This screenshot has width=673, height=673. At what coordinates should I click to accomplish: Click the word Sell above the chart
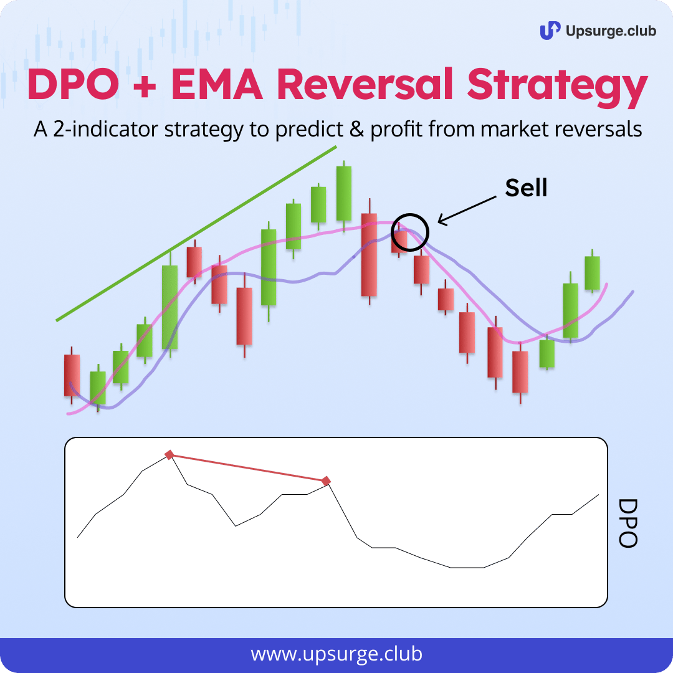(526, 188)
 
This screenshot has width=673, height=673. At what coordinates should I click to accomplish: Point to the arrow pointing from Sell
(467, 211)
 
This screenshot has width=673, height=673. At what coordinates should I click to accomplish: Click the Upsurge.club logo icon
(550, 31)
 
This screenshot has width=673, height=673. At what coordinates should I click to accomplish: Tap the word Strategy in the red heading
(557, 88)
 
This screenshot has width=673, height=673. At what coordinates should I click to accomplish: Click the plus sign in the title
(144, 85)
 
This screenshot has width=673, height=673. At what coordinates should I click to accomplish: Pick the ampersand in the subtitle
(356, 129)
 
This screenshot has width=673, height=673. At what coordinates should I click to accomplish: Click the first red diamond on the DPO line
(169, 454)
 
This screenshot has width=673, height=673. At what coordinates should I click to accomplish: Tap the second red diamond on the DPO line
(327, 480)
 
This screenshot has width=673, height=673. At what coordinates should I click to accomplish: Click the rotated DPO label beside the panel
(628, 523)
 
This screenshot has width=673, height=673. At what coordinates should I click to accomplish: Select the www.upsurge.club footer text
(336, 654)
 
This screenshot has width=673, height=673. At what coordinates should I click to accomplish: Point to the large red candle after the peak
(369, 252)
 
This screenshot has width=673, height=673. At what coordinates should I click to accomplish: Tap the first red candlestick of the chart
(72, 375)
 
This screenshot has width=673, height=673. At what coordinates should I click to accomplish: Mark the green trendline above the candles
(196, 234)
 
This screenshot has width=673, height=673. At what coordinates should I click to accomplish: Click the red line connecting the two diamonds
(248, 468)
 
